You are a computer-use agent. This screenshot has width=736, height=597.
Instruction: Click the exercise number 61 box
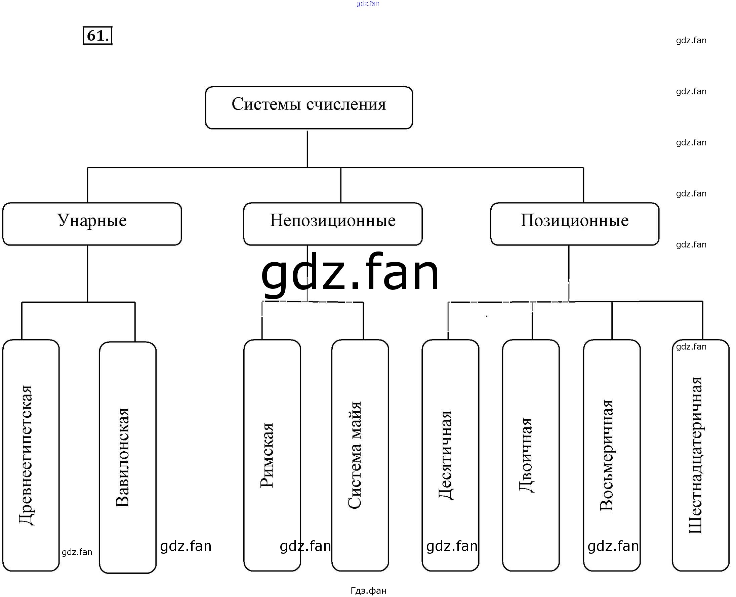pyautogui.click(x=97, y=35)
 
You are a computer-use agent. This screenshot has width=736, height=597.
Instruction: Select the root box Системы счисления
pyautogui.click(x=309, y=108)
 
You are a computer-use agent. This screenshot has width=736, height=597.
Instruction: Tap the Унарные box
pyautogui.click(x=92, y=224)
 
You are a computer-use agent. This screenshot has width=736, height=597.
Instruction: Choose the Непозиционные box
pyautogui.click(x=332, y=224)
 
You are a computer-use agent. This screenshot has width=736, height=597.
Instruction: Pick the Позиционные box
pyautogui.click(x=575, y=224)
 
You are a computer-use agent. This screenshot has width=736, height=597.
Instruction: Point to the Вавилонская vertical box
pyautogui.click(x=128, y=457)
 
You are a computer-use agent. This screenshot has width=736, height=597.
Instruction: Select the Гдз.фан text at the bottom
pyautogui.click(x=368, y=591)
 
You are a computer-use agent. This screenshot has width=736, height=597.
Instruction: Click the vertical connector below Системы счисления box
pyautogui.click(x=307, y=148)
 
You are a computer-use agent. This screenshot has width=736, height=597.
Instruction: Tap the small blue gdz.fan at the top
pyautogui.click(x=368, y=4)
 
